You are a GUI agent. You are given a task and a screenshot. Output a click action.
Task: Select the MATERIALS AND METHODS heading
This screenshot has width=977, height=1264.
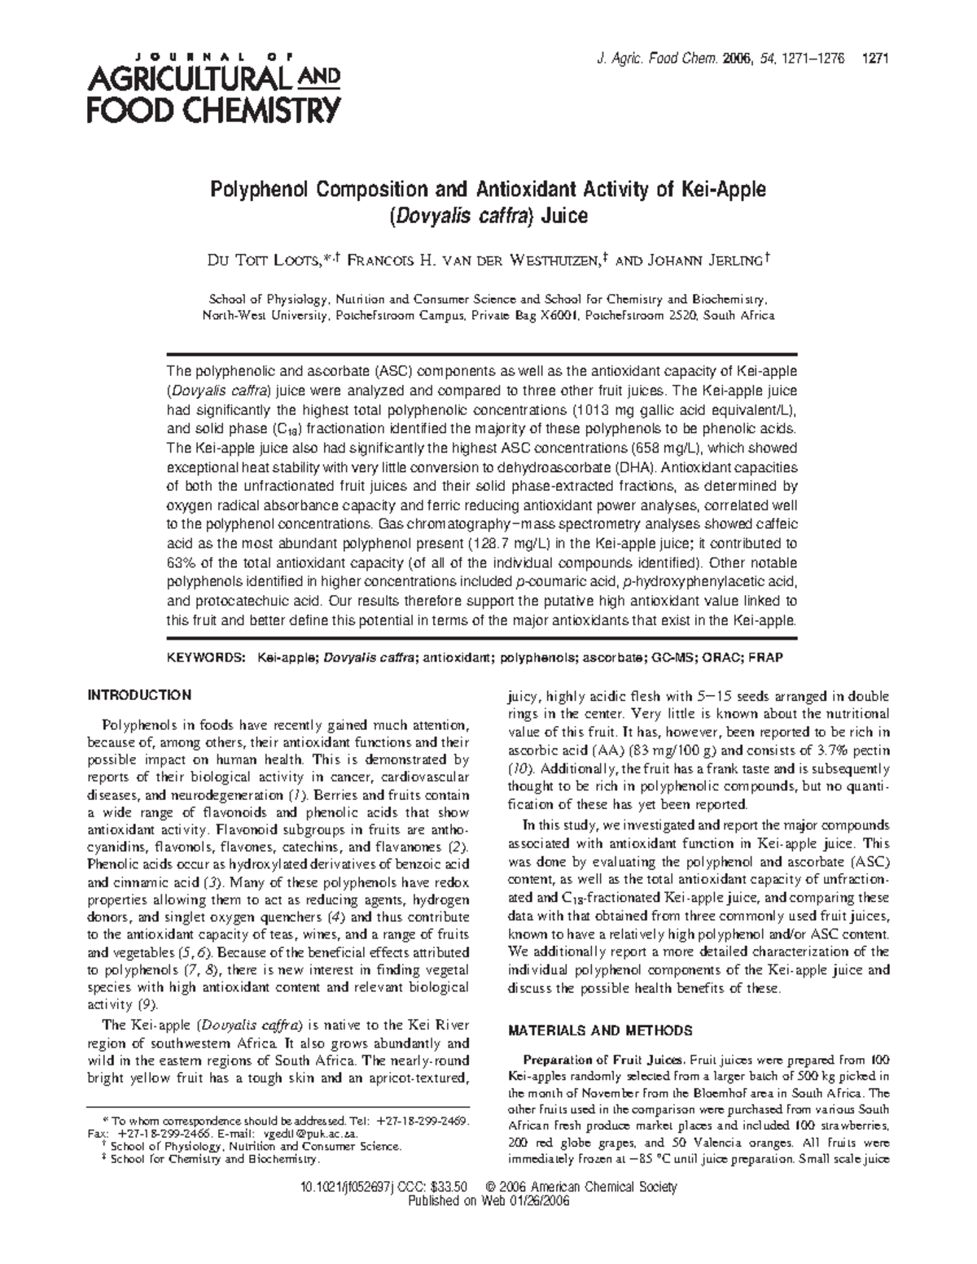[x=600, y=1030]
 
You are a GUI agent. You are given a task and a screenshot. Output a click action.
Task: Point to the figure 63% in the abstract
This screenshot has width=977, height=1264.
[x=181, y=562]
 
